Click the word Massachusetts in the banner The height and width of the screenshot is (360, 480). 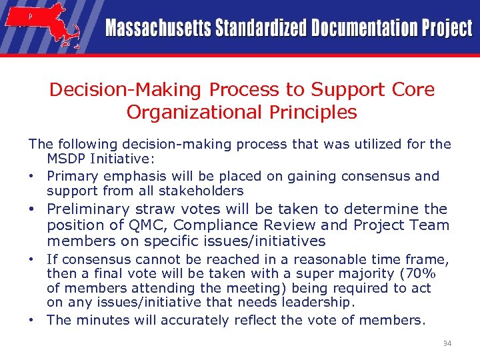(x=157, y=29)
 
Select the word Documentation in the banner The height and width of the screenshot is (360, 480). (x=361, y=29)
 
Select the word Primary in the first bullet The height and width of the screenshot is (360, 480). (x=73, y=176)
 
